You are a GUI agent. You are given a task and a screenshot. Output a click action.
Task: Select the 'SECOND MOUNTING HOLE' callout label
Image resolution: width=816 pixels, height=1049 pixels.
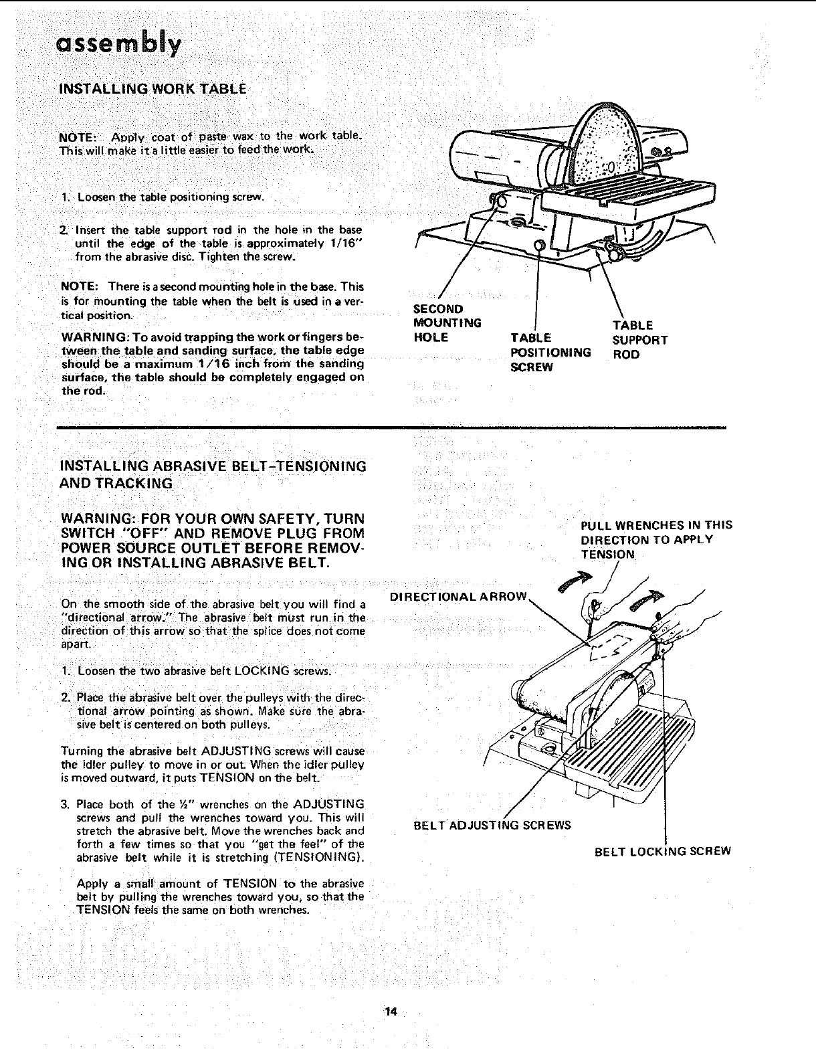pyautogui.click(x=447, y=323)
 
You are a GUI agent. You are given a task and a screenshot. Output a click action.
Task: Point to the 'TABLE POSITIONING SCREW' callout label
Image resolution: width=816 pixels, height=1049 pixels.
pyautogui.click(x=550, y=353)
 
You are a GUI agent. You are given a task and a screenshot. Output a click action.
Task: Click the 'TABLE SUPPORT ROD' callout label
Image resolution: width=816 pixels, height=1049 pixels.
pyautogui.click(x=639, y=340)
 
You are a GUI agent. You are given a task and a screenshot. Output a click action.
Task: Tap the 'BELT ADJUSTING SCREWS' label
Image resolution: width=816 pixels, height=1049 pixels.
pyautogui.click(x=492, y=825)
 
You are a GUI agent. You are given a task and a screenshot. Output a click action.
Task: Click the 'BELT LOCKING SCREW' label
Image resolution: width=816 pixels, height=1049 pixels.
pyautogui.click(x=662, y=851)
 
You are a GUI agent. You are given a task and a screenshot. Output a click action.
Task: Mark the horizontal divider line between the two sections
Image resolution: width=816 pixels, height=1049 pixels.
pyautogui.click(x=391, y=426)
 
